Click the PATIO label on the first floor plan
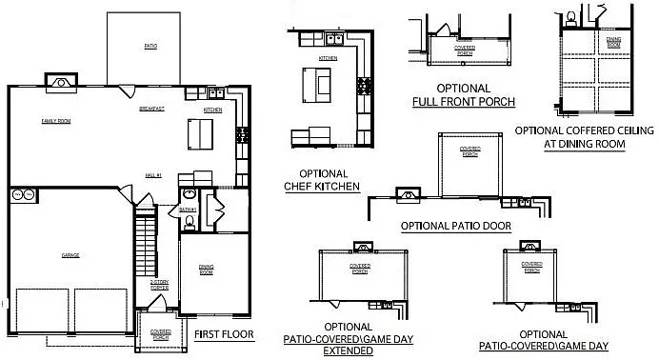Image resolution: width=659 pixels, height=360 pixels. pos(150,46)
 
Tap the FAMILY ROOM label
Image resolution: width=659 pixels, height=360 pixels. pos(55,121)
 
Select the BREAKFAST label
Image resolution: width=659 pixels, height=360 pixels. pos(151,110)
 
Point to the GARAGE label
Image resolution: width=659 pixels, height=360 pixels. pos(70,255)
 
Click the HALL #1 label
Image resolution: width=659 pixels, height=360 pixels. pos(153,175)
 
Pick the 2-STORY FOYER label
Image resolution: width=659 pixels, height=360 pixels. pos(159,284)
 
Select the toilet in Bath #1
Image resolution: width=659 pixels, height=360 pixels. pos(190,221)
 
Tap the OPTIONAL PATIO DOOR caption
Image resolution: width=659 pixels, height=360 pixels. pos(456,226)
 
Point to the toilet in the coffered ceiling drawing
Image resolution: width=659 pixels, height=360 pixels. pos(569,17)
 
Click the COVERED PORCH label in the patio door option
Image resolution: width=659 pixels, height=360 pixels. pos(469,151)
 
